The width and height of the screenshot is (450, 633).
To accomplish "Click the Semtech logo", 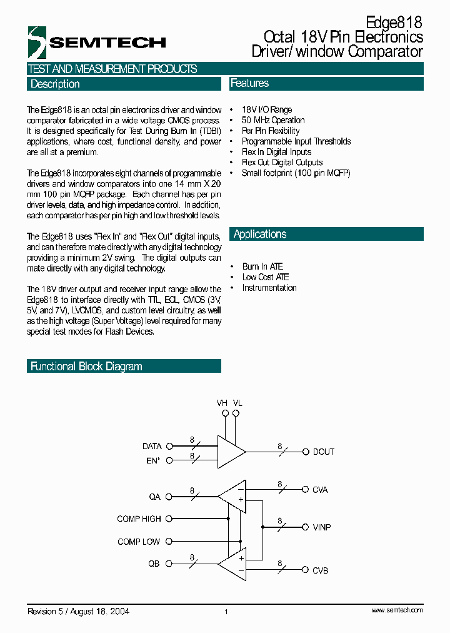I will (x=97, y=42).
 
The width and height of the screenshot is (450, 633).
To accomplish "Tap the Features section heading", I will (x=249, y=83).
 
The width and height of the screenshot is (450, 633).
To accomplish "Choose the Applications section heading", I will (x=260, y=234).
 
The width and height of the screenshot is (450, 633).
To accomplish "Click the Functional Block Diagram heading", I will (x=86, y=366).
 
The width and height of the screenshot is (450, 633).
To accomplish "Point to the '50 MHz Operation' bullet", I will (x=273, y=120).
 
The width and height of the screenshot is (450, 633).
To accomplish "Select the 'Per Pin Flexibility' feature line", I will (x=270, y=131).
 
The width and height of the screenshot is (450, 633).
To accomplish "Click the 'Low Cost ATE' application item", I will (x=266, y=277).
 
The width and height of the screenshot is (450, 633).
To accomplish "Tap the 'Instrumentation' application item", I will (x=269, y=288).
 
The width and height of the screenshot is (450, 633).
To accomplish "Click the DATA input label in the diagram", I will (x=152, y=446).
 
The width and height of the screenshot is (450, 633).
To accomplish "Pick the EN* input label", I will (x=153, y=461).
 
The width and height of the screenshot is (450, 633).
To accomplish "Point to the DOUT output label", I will (x=323, y=452).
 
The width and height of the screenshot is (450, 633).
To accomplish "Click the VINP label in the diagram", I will (x=322, y=527).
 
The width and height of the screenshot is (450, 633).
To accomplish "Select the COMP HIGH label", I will (x=139, y=519).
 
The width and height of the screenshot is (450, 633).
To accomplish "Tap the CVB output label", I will (x=320, y=570).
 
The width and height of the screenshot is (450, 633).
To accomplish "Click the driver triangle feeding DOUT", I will (x=230, y=452).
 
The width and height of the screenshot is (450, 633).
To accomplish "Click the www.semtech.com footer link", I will (x=397, y=610).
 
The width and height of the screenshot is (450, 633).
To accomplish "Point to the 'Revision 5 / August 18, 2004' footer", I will (x=78, y=611).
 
